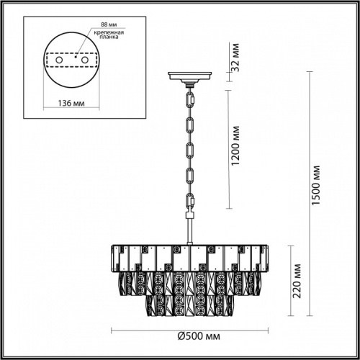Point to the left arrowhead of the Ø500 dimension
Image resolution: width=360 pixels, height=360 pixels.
tap(112, 330)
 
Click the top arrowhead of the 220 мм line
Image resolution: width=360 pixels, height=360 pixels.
tap(291, 245)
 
